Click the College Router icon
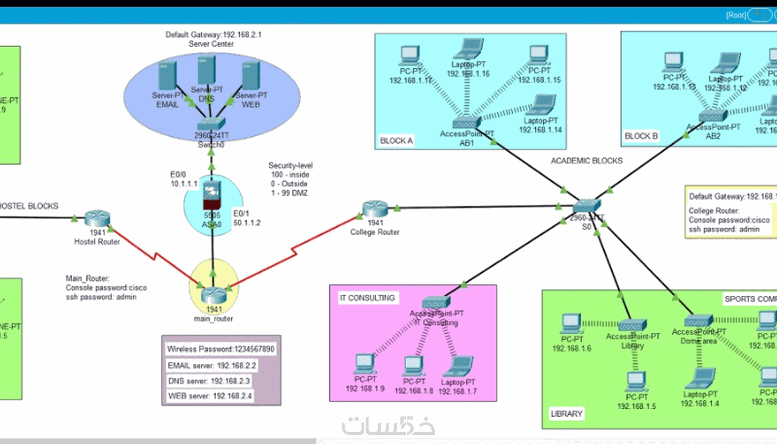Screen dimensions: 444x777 [375, 209]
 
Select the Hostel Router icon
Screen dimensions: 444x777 [97, 218]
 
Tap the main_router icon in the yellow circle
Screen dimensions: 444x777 [213, 294]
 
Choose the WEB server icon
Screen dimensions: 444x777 [251, 76]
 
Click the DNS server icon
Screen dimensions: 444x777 [207, 70]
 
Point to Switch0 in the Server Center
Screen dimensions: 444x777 [211, 124]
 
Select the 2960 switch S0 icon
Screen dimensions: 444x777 [586, 206]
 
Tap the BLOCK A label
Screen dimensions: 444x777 [396, 141]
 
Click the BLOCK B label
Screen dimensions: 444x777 [641, 136]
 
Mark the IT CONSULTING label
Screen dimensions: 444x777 [367, 298]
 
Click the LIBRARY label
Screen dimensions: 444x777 [566, 414]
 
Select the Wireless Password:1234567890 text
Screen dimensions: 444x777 [221, 349]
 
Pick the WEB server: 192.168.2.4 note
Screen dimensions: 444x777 [210, 396]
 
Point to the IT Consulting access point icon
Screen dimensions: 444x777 [436, 302]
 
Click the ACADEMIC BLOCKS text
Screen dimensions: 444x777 [586, 161]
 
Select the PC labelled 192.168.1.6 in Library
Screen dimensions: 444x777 [571, 323]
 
